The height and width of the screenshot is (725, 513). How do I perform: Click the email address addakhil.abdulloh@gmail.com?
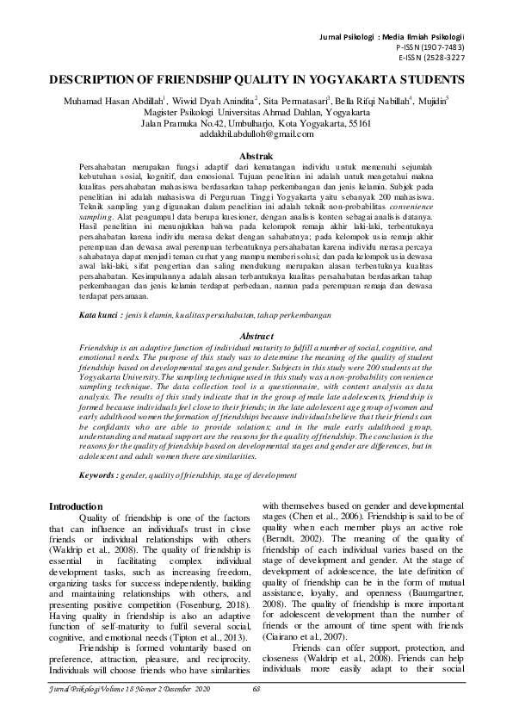256,135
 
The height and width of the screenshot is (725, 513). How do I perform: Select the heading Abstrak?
256,152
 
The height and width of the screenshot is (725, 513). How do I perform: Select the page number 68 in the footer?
256,713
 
